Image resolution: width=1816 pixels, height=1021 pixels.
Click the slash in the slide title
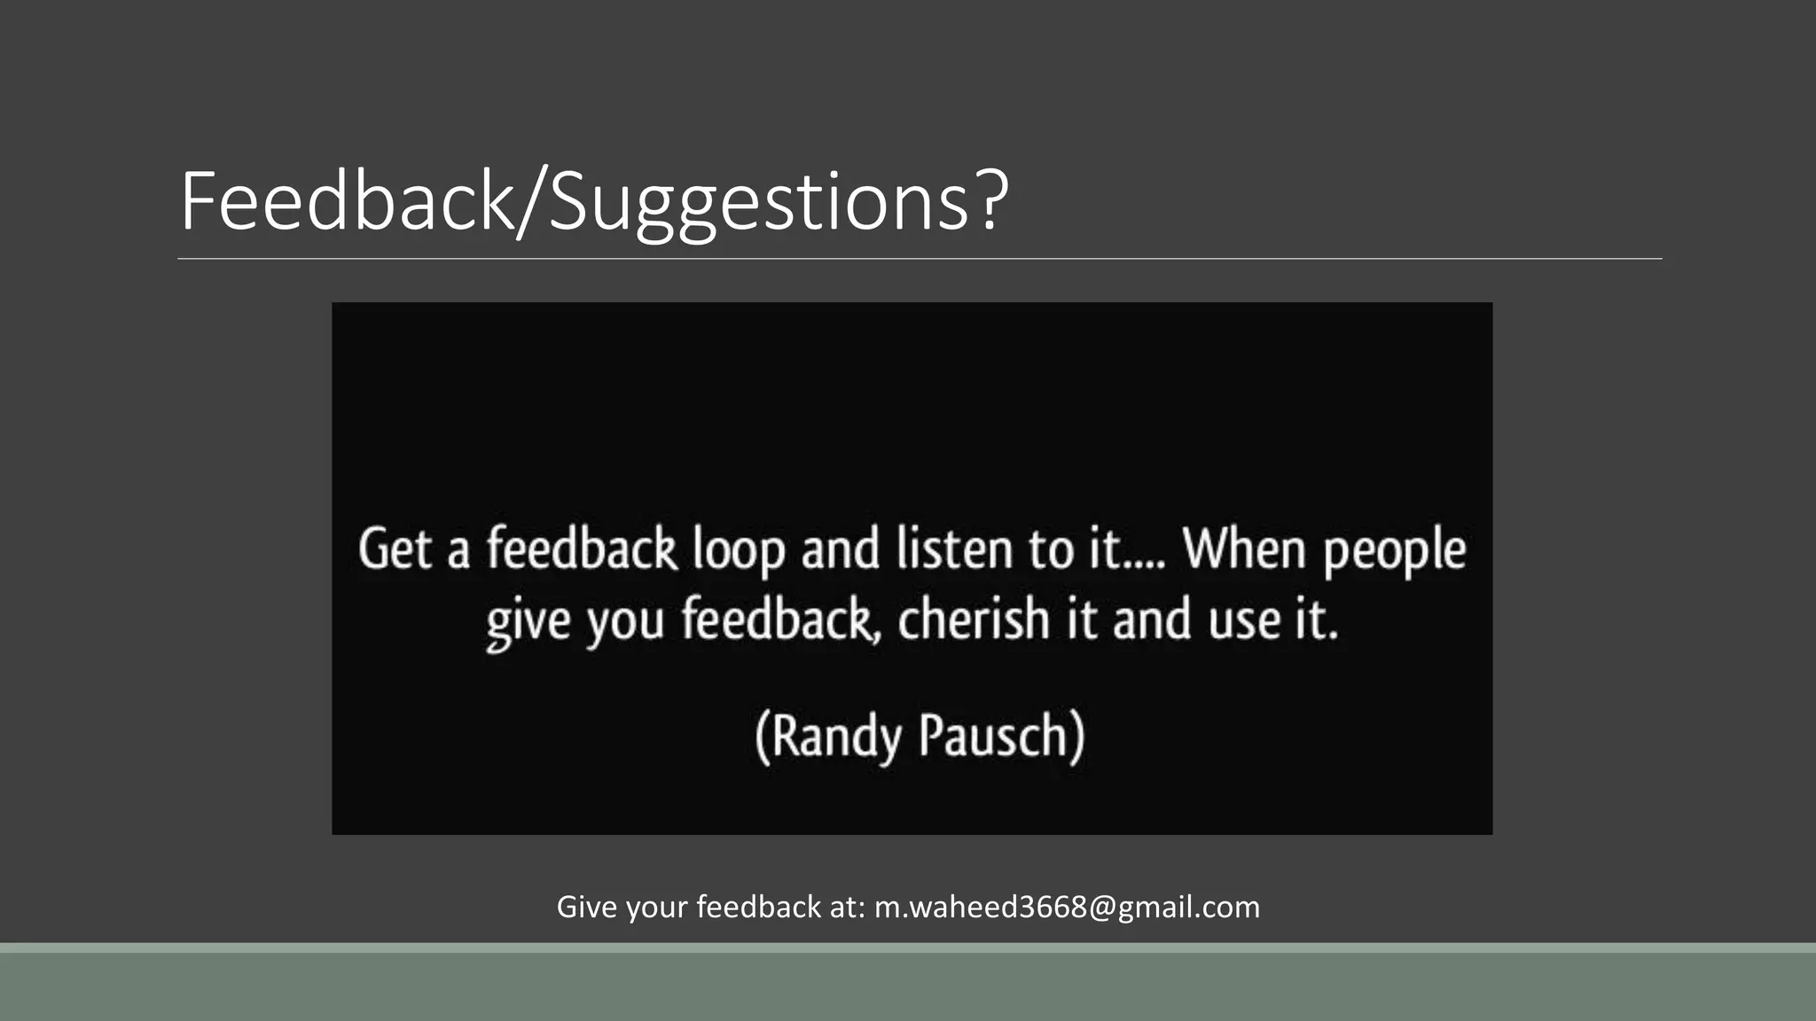pyautogui.click(x=531, y=204)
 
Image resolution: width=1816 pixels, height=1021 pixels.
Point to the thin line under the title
pyautogui.click(x=920, y=259)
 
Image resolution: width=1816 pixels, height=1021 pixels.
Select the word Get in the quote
pyautogui.click(x=395, y=549)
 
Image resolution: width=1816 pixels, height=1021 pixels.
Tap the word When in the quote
pyautogui.click(x=1244, y=549)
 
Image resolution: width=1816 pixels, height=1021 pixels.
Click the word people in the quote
pyautogui.click(x=1395, y=552)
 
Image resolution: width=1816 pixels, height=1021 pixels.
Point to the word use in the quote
pyautogui.click(x=1245, y=620)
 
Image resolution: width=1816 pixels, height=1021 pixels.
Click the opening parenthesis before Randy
pyautogui.click(x=762, y=737)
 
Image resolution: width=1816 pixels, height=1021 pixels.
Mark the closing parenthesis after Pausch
pyautogui.click(x=1076, y=737)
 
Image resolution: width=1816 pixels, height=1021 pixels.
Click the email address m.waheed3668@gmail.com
pyautogui.click(x=1067, y=907)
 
